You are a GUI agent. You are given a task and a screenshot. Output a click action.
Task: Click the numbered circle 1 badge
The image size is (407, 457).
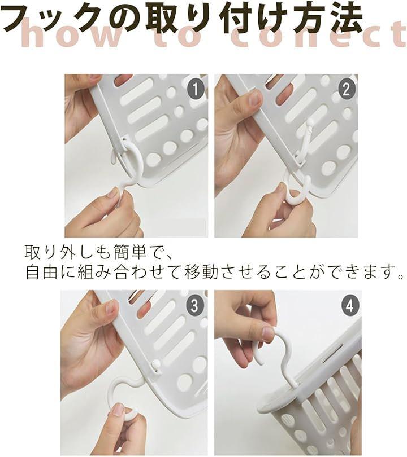click(195, 89)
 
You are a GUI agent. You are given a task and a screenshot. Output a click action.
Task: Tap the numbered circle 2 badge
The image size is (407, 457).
click(346, 89)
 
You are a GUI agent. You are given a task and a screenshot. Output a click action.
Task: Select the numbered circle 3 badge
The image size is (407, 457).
click(194, 305)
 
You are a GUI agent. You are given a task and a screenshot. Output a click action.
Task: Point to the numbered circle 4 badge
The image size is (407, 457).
click(349, 306)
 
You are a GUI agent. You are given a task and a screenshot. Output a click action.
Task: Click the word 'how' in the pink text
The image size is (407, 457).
click(68, 34)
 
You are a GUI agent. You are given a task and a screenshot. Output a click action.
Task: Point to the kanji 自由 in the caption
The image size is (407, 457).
click(41, 271)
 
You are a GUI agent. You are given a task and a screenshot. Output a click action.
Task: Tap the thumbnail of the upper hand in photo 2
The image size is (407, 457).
click(254, 99)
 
